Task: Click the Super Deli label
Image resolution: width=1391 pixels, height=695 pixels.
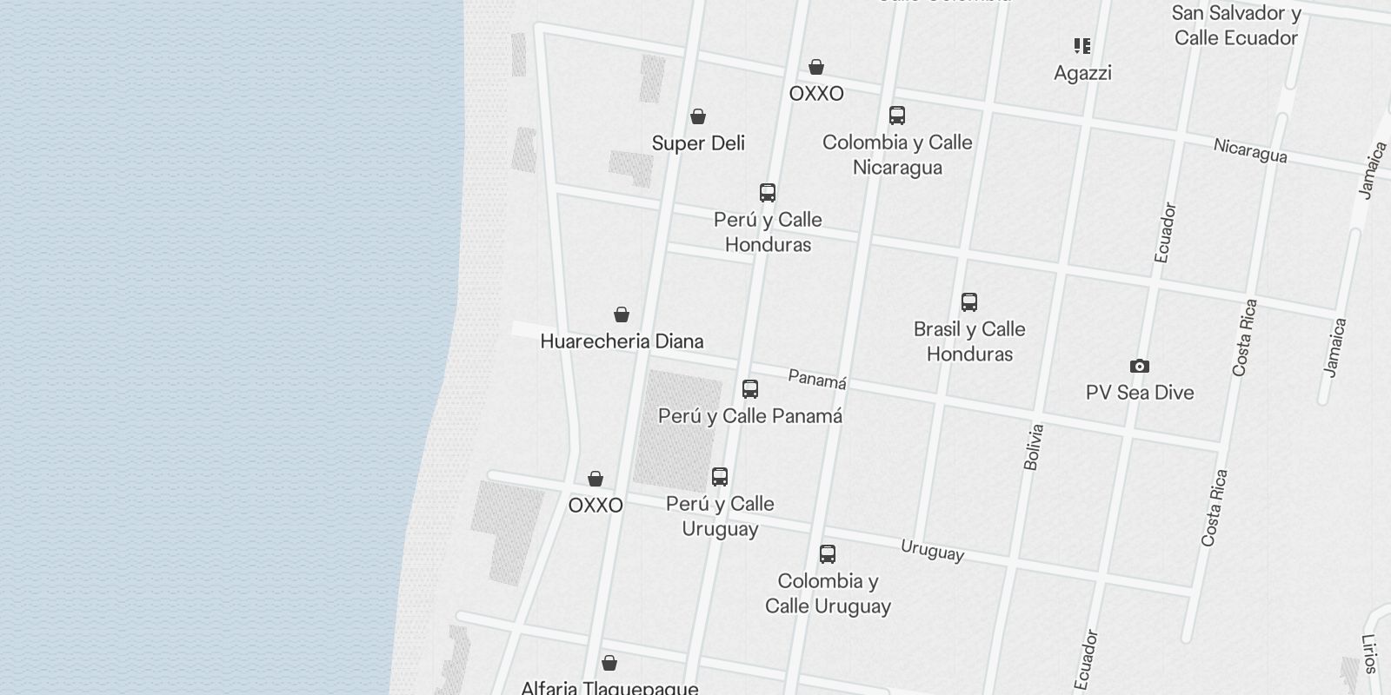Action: click(x=698, y=143)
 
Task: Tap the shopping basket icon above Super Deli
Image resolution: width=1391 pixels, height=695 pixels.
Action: click(x=698, y=116)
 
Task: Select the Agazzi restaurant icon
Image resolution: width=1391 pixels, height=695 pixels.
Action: click(x=1082, y=46)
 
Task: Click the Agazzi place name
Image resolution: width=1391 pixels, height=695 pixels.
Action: click(x=1082, y=73)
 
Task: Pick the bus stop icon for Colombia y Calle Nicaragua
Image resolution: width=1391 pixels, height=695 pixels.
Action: click(x=897, y=116)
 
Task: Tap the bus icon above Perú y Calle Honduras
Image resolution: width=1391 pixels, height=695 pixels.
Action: click(x=768, y=193)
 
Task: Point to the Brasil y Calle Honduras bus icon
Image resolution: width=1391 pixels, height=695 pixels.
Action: click(x=969, y=302)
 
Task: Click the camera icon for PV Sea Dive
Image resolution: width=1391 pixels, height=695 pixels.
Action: click(x=1139, y=367)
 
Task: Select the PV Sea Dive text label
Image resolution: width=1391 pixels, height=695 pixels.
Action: click(x=1139, y=393)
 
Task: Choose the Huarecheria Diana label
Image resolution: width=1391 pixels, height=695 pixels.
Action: click(x=622, y=341)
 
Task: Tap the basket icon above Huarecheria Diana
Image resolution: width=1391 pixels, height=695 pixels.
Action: click(x=622, y=314)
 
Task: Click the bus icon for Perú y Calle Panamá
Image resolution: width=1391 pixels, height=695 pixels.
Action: click(x=750, y=389)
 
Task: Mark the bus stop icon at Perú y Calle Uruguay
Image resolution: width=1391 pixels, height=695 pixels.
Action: click(x=720, y=477)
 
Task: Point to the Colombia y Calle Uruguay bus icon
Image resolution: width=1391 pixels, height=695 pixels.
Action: click(x=828, y=554)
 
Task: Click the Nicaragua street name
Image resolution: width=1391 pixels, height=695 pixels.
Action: click(x=1250, y=151)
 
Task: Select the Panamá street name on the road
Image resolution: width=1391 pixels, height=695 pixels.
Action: click(x=817, y=380)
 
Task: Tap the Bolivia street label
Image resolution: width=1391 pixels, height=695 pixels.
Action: click(x=1033, y=447)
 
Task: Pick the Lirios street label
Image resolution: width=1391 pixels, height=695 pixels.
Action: click(x=1371, y=653)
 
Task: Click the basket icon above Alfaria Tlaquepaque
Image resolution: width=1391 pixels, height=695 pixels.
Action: click(x=609, y=664)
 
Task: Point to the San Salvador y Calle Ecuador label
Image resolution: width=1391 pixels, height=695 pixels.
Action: click(x=1235, y=25)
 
